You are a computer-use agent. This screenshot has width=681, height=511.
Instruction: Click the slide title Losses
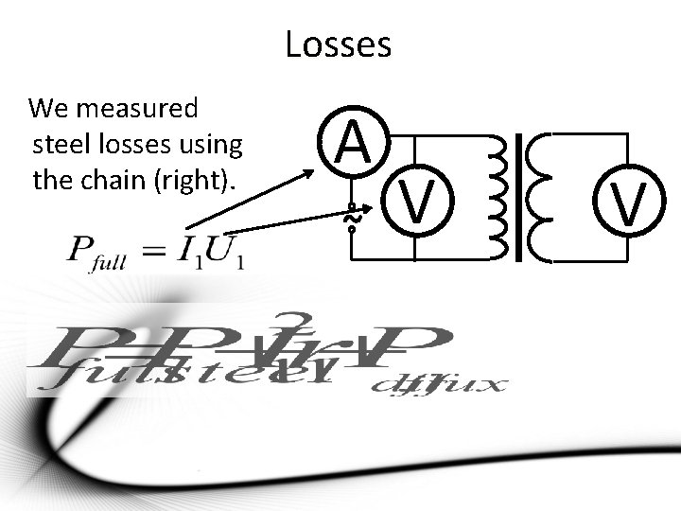(338, 44)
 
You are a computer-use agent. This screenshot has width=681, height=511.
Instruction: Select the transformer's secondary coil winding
(542, 196)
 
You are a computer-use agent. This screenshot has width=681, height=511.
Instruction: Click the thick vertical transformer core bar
(519, 197)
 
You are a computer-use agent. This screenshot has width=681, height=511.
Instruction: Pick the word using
(214, 146)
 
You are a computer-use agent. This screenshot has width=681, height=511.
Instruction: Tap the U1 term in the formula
(224, 252)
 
